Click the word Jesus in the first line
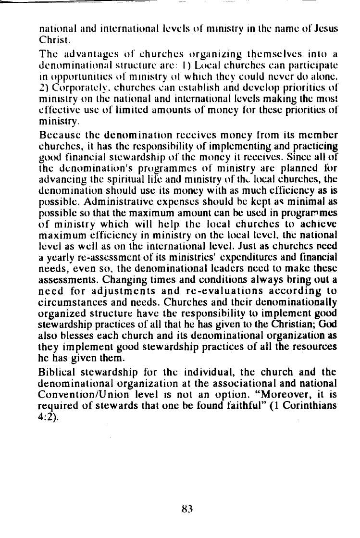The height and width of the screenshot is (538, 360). tap(324, 28)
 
